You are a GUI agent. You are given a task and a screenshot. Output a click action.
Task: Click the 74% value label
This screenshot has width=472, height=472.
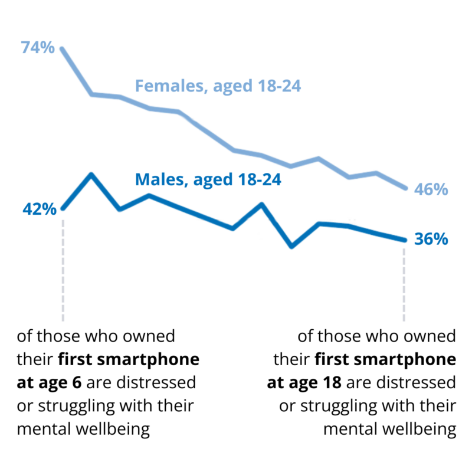tap(37, 48)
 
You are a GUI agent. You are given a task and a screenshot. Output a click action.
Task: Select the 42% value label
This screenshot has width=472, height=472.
tap(40, 209)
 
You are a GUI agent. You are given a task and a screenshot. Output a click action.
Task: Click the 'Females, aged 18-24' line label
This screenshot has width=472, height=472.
tap(218, 87)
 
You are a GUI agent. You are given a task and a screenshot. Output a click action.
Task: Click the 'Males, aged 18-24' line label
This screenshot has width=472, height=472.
tap(208, 179)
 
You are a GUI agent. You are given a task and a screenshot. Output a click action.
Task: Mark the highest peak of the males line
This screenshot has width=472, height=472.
tap(91, 175)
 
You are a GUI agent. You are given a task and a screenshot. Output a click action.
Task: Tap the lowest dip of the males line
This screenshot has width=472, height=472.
tap(291, 246)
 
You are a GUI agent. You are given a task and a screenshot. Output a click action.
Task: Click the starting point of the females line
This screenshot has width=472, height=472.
tap(63, 49)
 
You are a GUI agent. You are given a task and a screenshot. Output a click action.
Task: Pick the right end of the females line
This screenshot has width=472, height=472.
tap(405, 188)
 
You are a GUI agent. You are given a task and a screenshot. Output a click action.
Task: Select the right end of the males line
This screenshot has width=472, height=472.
tap(405, 240)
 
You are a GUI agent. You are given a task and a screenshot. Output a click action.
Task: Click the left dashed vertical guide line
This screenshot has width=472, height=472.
tap(63, 265)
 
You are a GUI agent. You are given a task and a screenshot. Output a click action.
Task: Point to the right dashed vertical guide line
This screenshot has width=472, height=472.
tap(405, 283)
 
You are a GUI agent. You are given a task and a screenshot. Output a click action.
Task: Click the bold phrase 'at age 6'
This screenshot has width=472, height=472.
tap(51, 383)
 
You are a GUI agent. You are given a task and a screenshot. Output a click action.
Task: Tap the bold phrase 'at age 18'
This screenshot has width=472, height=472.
tap(304, 383)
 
